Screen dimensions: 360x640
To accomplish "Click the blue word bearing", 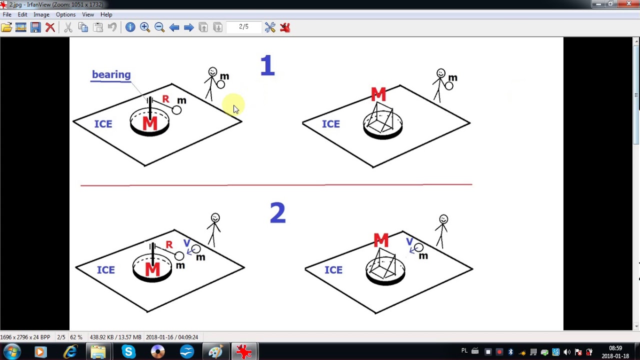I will point(111,75).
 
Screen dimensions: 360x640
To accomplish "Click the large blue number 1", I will point(267,66).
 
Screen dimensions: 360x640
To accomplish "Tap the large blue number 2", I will point(277,213).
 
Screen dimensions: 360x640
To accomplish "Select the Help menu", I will point(106,14).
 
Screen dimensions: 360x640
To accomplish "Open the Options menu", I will point(65,14).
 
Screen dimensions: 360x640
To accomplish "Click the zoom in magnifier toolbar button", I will point(145,27).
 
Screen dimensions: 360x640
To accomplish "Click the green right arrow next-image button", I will point(188,27).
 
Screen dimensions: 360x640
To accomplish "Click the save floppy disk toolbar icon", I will point(35,27).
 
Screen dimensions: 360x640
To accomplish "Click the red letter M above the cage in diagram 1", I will point(378,94).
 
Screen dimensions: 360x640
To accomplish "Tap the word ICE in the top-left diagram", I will point(103,124).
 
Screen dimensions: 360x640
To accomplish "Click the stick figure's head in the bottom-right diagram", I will point(443,219).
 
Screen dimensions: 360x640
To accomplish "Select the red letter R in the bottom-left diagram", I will point(169,244).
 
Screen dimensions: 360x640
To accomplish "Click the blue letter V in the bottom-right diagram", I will point(409,242).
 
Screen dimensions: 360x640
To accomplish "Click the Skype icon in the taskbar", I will point(128,352).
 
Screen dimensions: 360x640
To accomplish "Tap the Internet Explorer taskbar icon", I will point(70,352).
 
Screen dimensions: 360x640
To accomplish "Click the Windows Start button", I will point(11,352).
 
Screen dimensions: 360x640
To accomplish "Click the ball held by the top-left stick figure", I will point(220,84).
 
